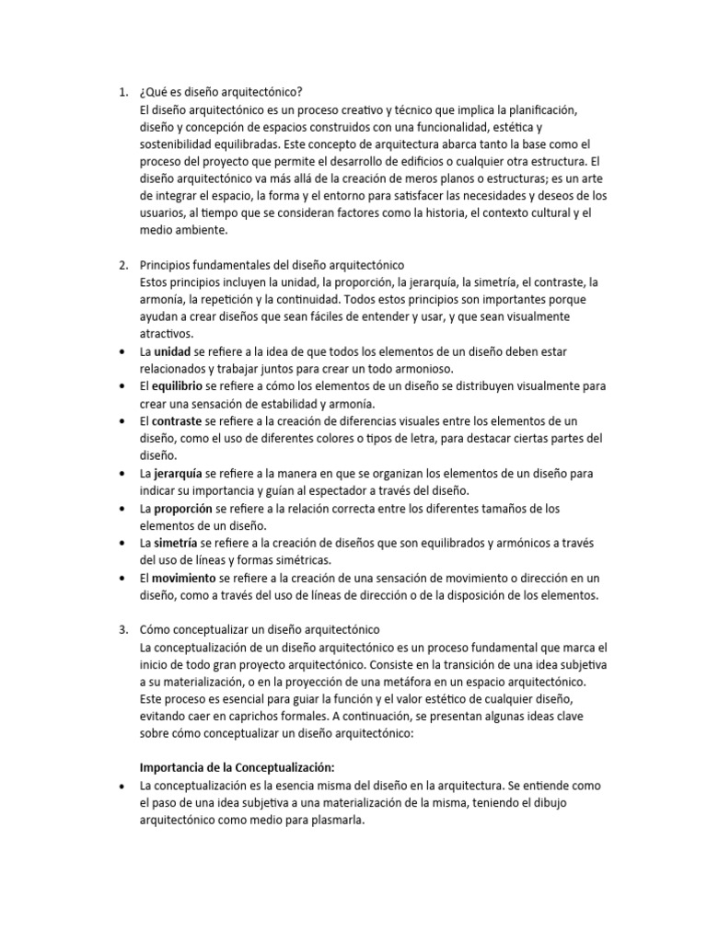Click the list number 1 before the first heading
[x=123, y=92]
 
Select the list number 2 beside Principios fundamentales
[x=123, y=265]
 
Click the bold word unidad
[x=172, y=351]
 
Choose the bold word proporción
[x=183, y=508]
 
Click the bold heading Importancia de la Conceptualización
[x=236, y=767]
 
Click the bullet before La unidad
[x=123, y=351]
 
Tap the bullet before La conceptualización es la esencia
[x=123, y=785]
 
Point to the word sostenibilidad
[x=180, y=144]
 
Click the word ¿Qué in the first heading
[x=152, y=92]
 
